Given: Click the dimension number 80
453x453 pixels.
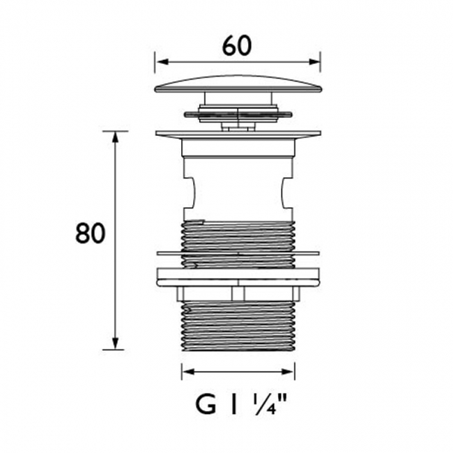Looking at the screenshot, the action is (89, 233).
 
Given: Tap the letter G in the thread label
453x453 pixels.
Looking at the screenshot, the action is (206, 405).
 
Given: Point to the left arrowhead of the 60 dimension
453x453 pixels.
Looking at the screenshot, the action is (162, 62).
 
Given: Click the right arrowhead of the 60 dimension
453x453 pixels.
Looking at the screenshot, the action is (314, 62).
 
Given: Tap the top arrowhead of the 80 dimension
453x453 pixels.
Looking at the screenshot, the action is (115, 137).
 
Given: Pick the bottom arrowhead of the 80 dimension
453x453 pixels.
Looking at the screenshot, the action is (115, 343).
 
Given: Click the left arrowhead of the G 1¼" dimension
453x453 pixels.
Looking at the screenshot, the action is (188, 371).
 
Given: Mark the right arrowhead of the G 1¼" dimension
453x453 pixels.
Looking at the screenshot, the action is (288, 371).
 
